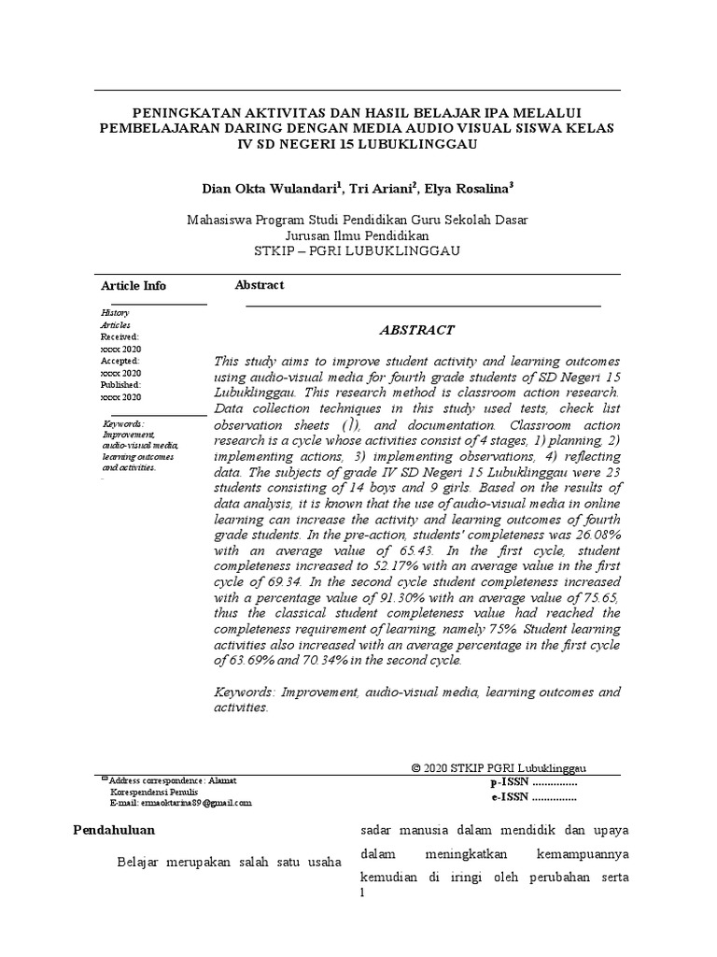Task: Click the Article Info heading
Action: (x=134, y=286)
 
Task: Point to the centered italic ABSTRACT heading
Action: (x=416, y=330)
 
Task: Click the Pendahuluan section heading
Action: (x=114, y=830)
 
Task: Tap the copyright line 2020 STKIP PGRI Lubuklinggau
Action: (x=499, y=767)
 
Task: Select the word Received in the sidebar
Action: (x=119, y=336)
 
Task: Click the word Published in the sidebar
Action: (x=120, y=385)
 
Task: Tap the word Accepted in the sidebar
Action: (x=119, y=361)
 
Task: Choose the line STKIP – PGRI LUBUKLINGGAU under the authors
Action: (x=358, y=251)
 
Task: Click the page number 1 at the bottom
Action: (x=362, y=893)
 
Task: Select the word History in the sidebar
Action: (x=115, y=312)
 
